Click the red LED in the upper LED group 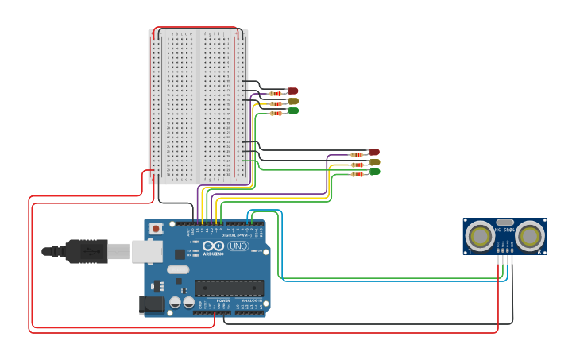click(293, 91)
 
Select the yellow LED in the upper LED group click(293, 101)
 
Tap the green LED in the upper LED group click(293, 111)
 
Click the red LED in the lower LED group click(374, 152)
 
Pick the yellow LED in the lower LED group click(374, 162)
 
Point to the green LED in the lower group click(374, 172)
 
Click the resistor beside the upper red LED click(276, 94)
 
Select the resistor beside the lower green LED click(357, 174)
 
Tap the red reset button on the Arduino click(156, 229)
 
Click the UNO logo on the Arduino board click(238, 246)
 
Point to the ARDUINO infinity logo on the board click(213, 246)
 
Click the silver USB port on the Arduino click(146, 251)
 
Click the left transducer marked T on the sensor click(480, 235)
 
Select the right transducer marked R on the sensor click(530, 235)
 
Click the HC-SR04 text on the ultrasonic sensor click(505, 230)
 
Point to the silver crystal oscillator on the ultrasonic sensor click(505, 223)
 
